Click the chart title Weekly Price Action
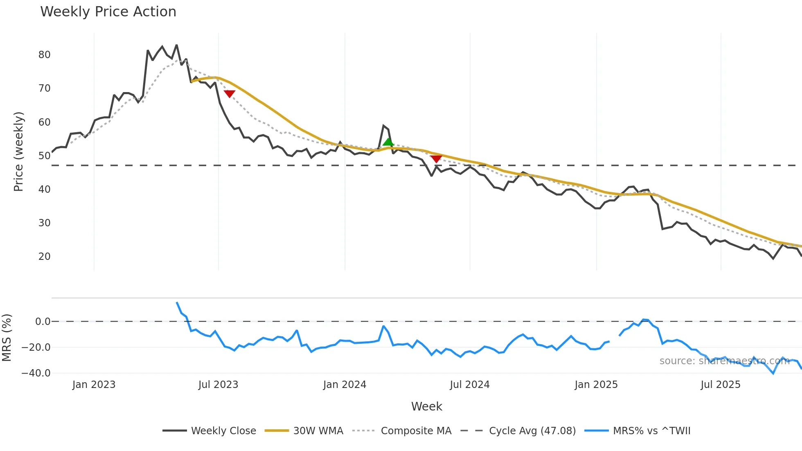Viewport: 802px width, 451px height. coord(108,12)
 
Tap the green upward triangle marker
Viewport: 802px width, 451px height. coord(388,142)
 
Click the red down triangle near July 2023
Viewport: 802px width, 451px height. coord(230,94)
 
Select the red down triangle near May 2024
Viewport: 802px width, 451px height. coord(436,158)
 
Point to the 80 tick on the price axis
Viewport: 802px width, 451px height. coord(44,55)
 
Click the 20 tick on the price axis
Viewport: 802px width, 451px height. coord(44,257)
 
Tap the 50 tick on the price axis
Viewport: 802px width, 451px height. coord(44,156)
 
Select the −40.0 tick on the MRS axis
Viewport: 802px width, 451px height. coord(36,373)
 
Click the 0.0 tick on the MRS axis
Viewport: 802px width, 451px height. coord(43,322)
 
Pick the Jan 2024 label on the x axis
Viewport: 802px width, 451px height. coord(345,385)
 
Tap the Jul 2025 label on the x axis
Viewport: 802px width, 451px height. coord(721,385)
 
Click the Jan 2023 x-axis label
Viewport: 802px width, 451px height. coord(94,385)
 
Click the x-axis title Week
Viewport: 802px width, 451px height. coord(426,406)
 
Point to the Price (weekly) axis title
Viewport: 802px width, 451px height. coord(18,151)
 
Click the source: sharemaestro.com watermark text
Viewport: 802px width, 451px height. coord(724,361)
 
